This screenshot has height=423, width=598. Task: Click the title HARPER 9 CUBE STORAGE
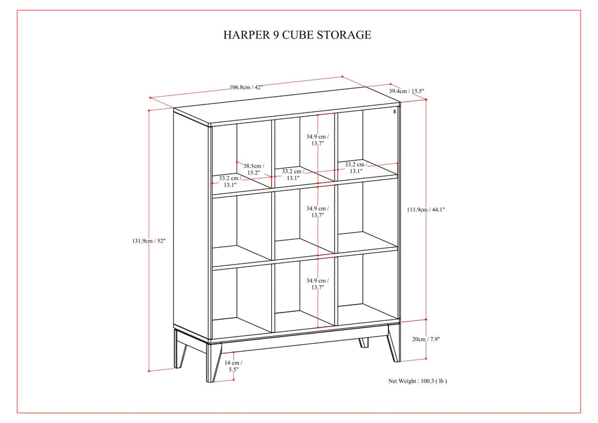(x=297, y=34)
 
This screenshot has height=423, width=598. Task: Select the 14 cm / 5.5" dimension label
(x=232, y=366)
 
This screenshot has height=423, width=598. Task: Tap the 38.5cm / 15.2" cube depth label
(x=253, y=169)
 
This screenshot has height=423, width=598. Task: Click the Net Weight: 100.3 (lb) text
(x=417, y=381)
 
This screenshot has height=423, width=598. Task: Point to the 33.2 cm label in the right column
(x=355, y=167)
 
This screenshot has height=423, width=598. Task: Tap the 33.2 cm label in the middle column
(x=292, y=175)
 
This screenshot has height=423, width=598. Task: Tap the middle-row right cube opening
(x=367, y=215)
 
